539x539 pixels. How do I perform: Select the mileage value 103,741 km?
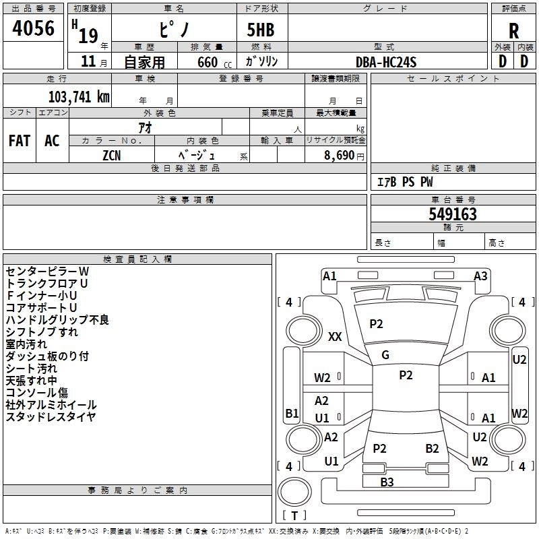coord(79,97)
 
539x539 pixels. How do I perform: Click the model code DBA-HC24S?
coord(386,62)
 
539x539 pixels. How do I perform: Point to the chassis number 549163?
coord(453,214)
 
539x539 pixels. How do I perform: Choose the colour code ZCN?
coord(112,155)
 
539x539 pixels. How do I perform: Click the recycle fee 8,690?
coord(340,155)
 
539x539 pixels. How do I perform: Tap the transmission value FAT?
coord(20,141)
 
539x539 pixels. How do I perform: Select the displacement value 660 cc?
coord(207,62)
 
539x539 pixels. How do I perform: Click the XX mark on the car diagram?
coord(335,337)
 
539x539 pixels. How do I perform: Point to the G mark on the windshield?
coord(385,355)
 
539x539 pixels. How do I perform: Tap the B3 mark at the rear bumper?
coord(387,482)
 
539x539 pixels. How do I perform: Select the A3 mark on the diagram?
coord(480,276)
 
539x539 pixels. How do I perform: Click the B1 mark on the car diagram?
coord(292,413)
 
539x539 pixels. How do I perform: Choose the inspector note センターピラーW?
coord(47,272)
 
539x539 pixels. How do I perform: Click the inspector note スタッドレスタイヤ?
coord(51,417)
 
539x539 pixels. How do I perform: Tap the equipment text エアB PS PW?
coord(404,182)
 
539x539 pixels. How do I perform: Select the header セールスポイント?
coord(453,79)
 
